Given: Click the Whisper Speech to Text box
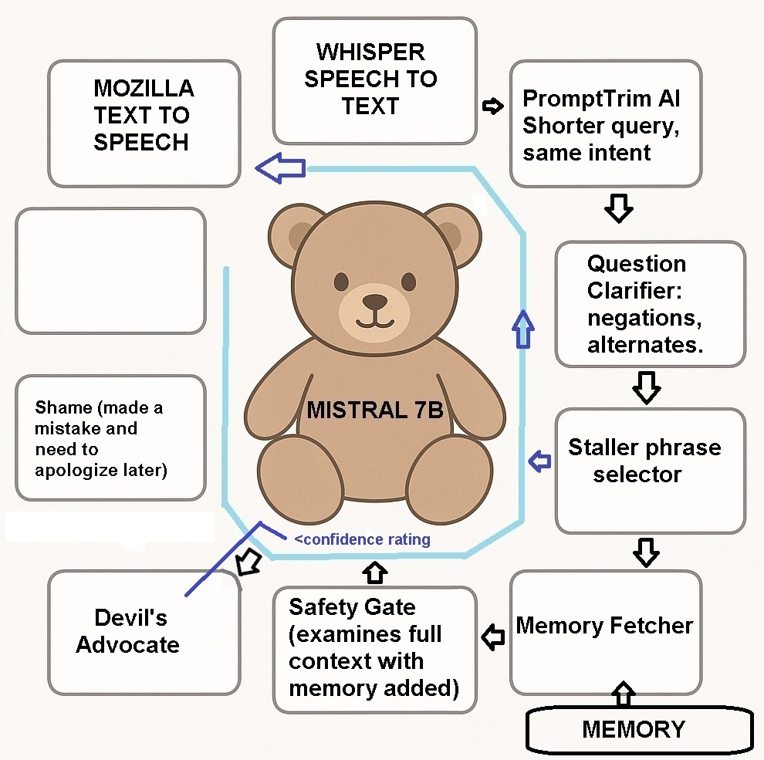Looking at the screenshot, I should coord(374,81).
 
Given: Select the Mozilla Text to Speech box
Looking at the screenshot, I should coord(144,123).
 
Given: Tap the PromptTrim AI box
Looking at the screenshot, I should coord(605,124).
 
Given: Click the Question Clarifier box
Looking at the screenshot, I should coord(650,304).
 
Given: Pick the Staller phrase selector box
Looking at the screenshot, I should coord(650,470).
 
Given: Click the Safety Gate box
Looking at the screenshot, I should coord(374,649).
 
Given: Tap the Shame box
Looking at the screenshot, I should coord(110,437).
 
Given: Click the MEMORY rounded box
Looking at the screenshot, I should coord(638,728).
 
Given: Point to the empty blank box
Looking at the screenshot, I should coord(110,271).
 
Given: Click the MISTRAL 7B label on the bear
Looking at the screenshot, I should coord(375,410).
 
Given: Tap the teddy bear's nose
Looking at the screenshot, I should coord(376,301).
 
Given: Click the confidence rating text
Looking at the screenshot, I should coord(362,539).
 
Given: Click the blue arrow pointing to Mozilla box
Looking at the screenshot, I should coord(279,169).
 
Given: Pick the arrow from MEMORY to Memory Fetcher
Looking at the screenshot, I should coord(624,693).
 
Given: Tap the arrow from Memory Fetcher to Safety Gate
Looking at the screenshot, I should coord(492,637).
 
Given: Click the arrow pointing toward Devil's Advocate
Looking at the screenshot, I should coord(247,562).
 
